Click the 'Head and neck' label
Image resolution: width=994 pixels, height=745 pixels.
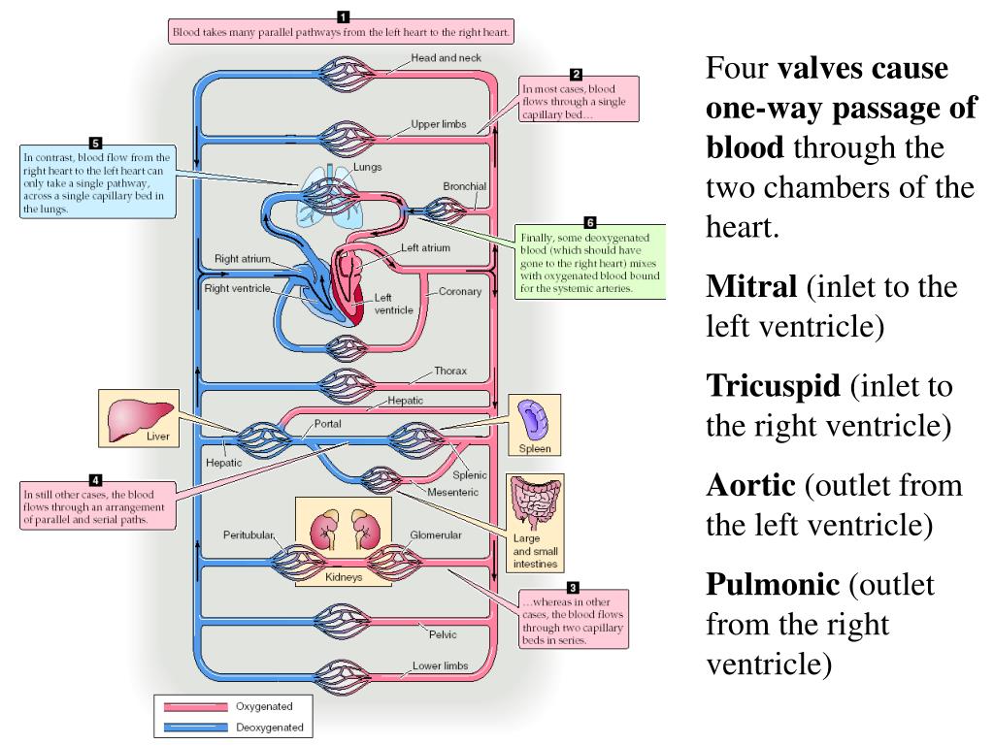(x=446, y=58)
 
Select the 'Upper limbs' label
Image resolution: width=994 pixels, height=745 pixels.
(x=440, y=124)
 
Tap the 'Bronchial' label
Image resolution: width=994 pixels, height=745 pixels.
(x=464, y=185)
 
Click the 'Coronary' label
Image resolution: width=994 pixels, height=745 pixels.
(x=460, y=291)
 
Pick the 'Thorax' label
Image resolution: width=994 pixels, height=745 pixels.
(x=450, y=371)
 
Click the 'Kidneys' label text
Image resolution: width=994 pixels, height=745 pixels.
(x=343, y=576)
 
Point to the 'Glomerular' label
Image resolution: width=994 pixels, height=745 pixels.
(x=435, y=534)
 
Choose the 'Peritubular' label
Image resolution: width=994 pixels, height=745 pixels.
(x=248, y=534)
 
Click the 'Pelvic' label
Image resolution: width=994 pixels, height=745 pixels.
(x=443, y=634)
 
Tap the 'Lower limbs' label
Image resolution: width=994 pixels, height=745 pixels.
(x=440, y=666)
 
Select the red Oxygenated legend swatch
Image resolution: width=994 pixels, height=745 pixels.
(x=195, y=706)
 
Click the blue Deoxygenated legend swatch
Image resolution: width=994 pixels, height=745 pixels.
(x=195, y=727)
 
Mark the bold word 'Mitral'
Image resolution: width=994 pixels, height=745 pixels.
(x=750, y=287)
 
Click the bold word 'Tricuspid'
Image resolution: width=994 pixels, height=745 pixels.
(x=773, y=386)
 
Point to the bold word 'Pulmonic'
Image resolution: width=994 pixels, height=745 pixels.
(x=772, y=584)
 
